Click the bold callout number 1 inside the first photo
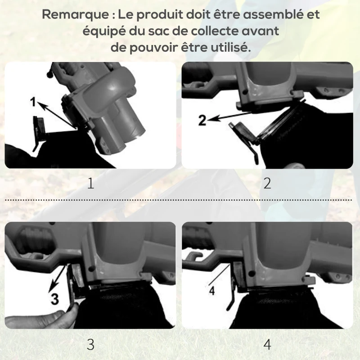33,103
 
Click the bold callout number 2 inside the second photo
202,120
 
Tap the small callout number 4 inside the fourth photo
212,291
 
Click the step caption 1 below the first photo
90,184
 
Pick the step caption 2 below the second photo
267,184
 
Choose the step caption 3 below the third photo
90,345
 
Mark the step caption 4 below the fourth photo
267,345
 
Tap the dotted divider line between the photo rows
180,200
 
